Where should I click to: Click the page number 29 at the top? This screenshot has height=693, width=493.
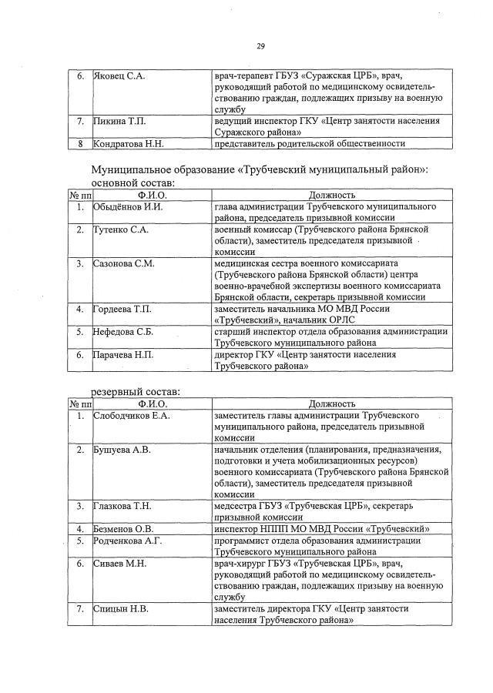pyautogui.click(x=260, y=47)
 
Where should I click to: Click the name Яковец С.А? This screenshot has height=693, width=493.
pyautogui.click(x=119, y=76)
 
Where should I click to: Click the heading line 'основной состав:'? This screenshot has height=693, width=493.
pyautogui.click(x=132, y=183)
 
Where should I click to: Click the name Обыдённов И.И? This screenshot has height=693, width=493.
pyautogui.click(x=128, y=207)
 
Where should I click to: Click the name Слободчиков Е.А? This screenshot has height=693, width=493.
pyautogui.click(x=131, y=415)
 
